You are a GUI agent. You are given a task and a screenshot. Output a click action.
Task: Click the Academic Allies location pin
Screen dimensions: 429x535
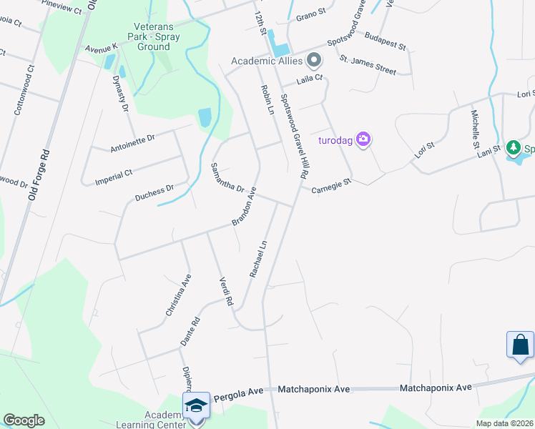(313, 59)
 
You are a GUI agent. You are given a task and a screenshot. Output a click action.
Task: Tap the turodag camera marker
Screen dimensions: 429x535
(363, 139)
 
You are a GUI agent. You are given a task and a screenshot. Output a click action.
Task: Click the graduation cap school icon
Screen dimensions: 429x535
(195, 405)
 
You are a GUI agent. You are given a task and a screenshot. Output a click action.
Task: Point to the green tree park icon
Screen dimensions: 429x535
(513, 148)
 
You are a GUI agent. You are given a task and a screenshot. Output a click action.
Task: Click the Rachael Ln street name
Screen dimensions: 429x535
(258, 258)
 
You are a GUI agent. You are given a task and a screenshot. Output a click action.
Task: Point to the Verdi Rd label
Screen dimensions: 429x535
(227, 292)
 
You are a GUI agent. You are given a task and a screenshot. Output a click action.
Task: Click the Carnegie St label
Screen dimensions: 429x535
(332, 185)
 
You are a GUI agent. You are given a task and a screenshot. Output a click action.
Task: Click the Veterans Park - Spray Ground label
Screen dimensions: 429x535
(152, 36)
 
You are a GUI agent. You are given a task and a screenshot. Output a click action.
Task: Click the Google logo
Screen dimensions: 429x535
(24, 420)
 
